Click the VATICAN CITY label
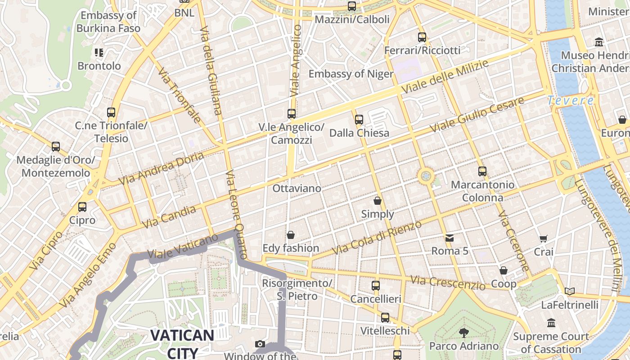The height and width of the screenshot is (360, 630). click(x=182, y=343)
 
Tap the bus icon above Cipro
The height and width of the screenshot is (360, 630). click(x=82, y=207)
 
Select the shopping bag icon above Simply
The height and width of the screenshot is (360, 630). click(x=378, y=201)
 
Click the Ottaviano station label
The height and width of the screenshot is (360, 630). click(x=297, y=188)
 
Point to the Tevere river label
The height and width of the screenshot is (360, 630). click(x=571, y=101)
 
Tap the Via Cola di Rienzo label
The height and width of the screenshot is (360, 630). click(x=376, y=238)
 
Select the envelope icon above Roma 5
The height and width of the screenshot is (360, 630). click(x=449, y=238)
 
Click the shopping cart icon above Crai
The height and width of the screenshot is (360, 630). click(x=544, y=238)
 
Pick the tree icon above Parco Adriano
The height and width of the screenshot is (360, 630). click(x=463, y=333)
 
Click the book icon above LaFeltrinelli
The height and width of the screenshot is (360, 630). click(x=570, y=292)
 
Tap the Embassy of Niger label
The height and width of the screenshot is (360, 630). click(x=351, y=73)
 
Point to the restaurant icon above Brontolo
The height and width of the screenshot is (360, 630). click(x=99, y=53)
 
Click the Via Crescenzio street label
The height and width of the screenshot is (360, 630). click(x=448, y=283)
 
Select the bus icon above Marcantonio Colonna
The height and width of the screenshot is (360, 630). click(x=482, y=171)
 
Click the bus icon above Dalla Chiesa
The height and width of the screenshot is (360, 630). click(x=359, y=120)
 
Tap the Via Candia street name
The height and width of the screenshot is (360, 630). click(x=169, y=216)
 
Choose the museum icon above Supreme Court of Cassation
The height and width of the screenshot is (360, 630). click(x=551, y=323)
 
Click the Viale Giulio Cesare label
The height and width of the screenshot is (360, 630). click(x=477, y=114)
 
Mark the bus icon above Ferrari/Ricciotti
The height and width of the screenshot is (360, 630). click(x=422, y=37)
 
